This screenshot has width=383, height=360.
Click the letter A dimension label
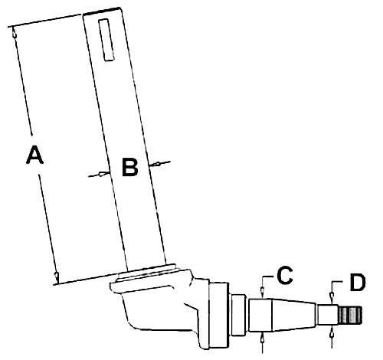click(34, 154)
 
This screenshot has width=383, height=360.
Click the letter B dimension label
click(130, 167)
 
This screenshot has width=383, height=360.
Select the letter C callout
click(285, 275)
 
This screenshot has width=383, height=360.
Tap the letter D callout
click(358, 283)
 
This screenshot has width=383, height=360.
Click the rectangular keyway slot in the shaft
click(106, 40)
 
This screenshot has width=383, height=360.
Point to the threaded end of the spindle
click(350, 315)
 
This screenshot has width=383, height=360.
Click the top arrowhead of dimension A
click(15, 32)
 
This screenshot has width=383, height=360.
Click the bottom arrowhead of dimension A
click(56, 277)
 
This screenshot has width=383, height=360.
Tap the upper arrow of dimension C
click(263, 291)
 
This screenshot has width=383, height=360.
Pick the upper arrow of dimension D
click(332, 297)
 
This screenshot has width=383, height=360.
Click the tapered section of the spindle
click(293, 315)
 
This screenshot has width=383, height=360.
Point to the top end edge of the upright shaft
click(101, 11)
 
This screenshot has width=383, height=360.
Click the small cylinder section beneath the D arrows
click(328, 315)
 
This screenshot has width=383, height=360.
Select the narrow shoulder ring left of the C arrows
click(238, 315)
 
